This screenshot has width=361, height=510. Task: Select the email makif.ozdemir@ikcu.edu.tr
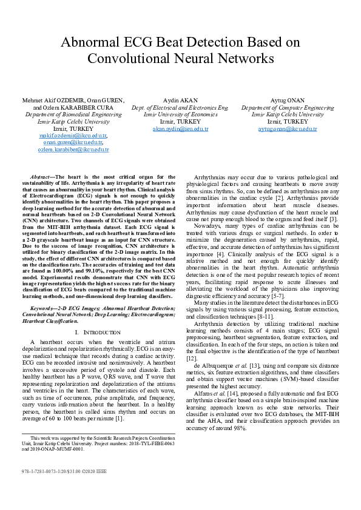pyautogui.click(x=73, y=136)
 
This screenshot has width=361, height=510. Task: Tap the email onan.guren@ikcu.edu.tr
pyautogui.click(x=73, y=143)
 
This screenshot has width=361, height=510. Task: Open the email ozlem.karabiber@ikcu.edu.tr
pyautogui.click(x=73, y=150)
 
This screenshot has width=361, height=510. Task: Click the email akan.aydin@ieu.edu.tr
pyautogui.click(x=180, y=129)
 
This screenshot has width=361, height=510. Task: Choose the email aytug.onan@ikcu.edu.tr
pyautogui.click(x=287, y=129)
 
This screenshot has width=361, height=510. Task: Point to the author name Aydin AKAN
pyautogui.click(x=180, y=100)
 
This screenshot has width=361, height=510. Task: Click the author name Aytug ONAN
pyautogui.click(x=287, y=100)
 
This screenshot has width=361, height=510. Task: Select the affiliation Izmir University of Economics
pyautogui.click(x=180, y=114)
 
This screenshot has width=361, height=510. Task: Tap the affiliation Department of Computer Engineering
pyautogui.click(x=287, y=107)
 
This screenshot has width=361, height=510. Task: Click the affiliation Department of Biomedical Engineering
pyautogui.click(x=73, y=114)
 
